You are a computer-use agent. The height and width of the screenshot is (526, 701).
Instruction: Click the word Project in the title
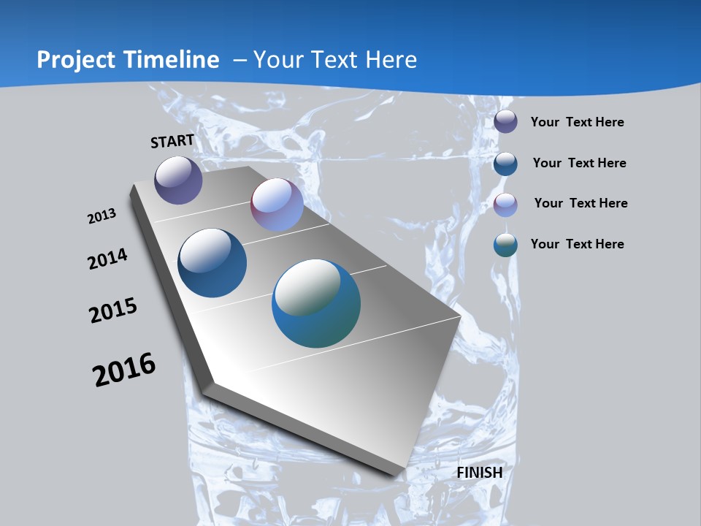[x=77, y=60]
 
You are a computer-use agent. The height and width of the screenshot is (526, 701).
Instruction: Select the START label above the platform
[x=172, y=141]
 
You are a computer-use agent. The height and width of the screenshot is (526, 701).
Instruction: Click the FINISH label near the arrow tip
[x=480, y=473]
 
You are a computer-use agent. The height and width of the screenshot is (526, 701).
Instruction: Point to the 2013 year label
[x=101, y=216]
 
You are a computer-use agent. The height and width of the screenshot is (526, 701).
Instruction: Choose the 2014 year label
[x=107, y=259]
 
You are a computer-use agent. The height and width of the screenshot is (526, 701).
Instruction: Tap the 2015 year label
[x=113, y=310]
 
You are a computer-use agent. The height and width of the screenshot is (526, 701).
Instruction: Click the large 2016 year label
[x=124, y=370]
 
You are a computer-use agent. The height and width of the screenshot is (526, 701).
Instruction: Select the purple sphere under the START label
[x=178, y=180]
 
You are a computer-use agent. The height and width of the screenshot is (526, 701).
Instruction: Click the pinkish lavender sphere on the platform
[x=277, y=205]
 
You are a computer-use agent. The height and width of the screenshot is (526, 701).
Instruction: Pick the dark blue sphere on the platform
[x=212, y=263]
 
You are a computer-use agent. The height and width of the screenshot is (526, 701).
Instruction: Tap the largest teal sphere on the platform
[x=316, y=303]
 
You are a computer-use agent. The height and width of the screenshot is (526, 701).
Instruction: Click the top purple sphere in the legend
[x=505, y=121]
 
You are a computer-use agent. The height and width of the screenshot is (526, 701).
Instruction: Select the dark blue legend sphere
[x=505, y=163]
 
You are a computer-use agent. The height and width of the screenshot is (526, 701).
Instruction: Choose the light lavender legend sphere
[x=505, y=205]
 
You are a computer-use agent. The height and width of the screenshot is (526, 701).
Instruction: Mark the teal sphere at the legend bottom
[x=505, y=245]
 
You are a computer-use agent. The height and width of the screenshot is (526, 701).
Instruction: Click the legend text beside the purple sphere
[x=577, y=122]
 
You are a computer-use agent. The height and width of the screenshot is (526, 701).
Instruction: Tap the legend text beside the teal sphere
[x=577, y=244]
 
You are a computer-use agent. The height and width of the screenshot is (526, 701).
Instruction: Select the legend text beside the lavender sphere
[x=581, y=203]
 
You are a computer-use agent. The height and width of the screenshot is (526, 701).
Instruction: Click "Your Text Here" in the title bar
[x=334, y=60]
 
